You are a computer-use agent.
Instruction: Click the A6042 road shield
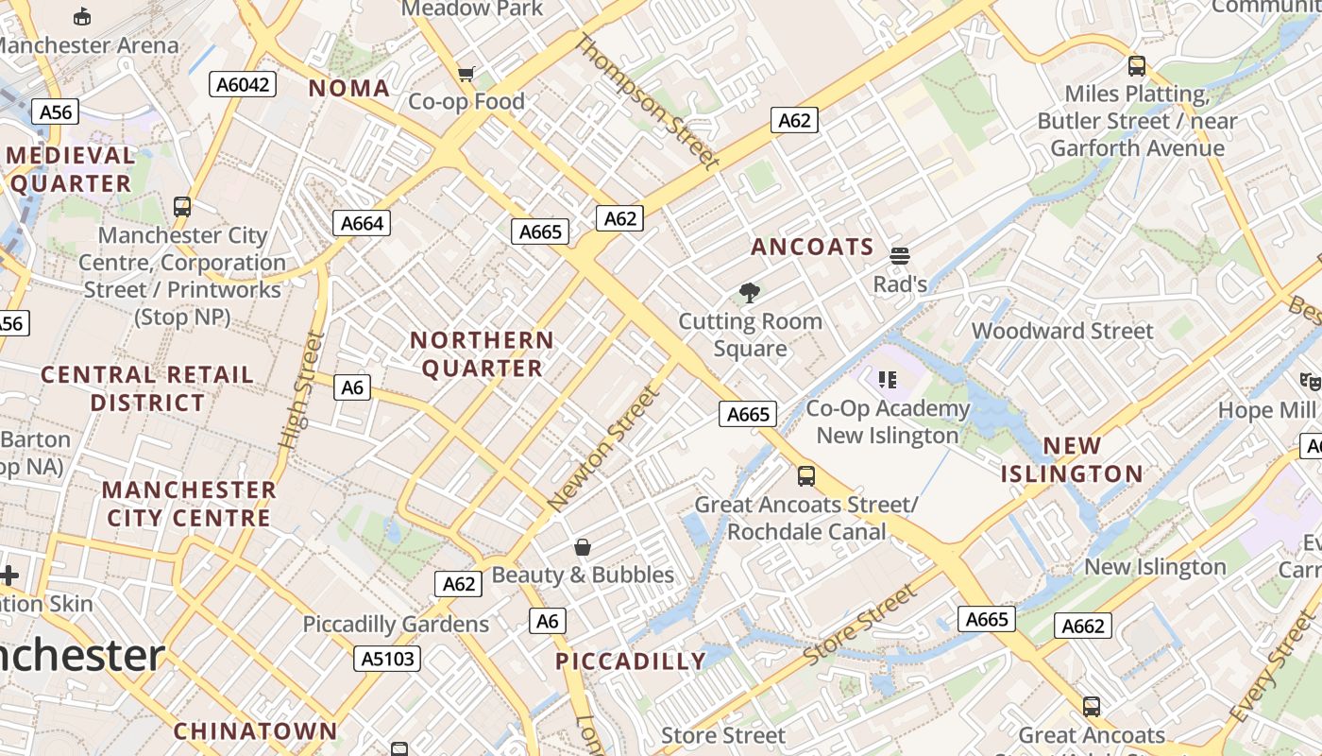[243, 85]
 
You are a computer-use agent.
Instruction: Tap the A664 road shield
[362, 223]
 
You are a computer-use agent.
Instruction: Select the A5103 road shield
[387, 658]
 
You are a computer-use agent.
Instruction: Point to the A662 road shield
[1083, 626]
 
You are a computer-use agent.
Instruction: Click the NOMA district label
[349, 89]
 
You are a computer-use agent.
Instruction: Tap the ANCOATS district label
[813, 248]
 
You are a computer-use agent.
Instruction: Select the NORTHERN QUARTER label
[483, 354]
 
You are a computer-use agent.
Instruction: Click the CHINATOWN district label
[255, 731]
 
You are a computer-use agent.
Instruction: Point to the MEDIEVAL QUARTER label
[72, 169]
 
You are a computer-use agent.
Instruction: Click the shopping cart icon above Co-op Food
[466, 74]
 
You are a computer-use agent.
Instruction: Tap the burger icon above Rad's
[899, 255]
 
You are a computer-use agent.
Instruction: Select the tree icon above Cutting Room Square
[751, 293]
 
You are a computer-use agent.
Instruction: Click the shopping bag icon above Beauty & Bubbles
[583, 547]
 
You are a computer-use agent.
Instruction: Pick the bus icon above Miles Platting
[1137, 66]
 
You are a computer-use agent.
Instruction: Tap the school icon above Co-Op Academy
[887, 380]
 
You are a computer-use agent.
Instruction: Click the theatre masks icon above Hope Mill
[1309, 382]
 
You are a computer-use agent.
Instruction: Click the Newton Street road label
[602, 450]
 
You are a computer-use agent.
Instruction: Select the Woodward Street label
[1062, 332]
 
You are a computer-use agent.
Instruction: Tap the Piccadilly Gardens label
[396, 625]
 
